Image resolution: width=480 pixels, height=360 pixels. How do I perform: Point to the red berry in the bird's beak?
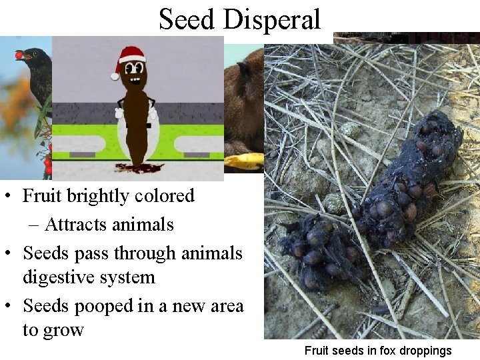click(x=19, y=55)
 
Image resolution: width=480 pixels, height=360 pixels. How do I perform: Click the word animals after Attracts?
click(x=143, y=225)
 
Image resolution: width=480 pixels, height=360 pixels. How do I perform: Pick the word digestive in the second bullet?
click(x=55, y=277)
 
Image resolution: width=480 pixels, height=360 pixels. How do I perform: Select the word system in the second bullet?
click(x=123, y=277)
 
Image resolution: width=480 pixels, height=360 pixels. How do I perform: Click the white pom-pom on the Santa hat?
click(x=115, y=75)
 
